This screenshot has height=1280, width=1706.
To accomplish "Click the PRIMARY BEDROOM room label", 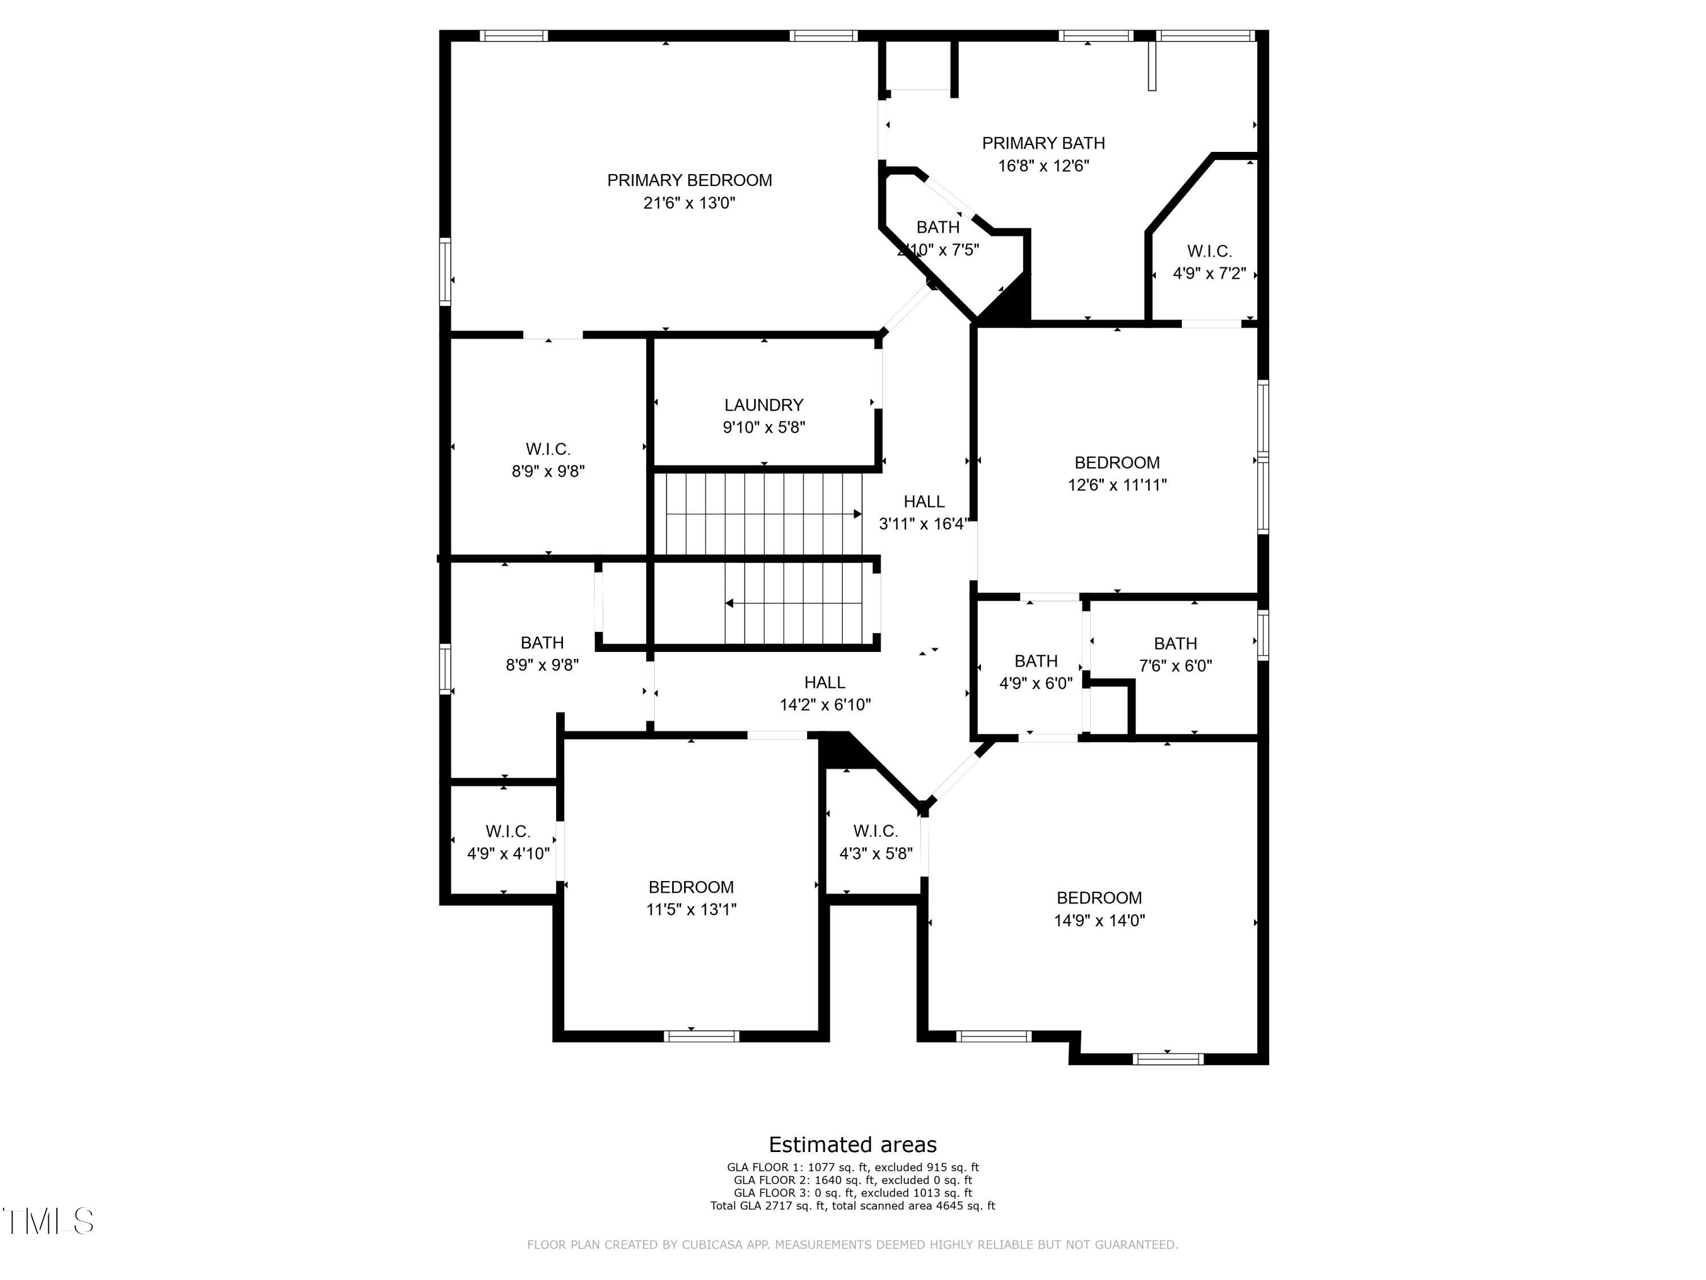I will [x=689, y=180].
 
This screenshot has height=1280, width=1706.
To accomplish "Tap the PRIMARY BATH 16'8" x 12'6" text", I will [x=1043, y=154].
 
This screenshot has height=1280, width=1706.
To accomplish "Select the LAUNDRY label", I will [x=764, y=405].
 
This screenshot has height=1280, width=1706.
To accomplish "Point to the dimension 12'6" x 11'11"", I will [x=1117, y=485].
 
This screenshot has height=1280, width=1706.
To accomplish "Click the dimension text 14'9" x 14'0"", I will [x=1099, y=920].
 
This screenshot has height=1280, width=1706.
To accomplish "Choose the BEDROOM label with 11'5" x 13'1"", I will [x=690, y=887].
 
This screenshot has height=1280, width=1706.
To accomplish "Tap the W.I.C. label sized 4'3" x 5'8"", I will [x=875, y=832].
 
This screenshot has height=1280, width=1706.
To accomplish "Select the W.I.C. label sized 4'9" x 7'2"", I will [x=1210, y=251].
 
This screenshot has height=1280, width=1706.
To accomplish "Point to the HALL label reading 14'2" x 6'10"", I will [x=825, y=683].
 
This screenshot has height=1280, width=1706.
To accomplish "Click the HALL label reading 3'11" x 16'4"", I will [x=924, y=502].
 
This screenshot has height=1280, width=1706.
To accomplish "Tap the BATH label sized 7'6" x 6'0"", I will [x=1175, y=643].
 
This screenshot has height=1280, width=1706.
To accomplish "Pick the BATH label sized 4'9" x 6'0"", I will [x=1036, y=661].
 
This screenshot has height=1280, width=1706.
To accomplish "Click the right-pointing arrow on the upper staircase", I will [x=857, y=514].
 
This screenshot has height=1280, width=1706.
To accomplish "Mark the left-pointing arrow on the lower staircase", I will [x=730, y=604].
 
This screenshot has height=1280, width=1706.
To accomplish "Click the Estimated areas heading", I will [x=852, y=1144].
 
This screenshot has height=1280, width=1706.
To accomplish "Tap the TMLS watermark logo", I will [x=48, y=1221].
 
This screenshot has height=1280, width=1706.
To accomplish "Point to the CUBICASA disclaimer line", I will [x=852, y=1245].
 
